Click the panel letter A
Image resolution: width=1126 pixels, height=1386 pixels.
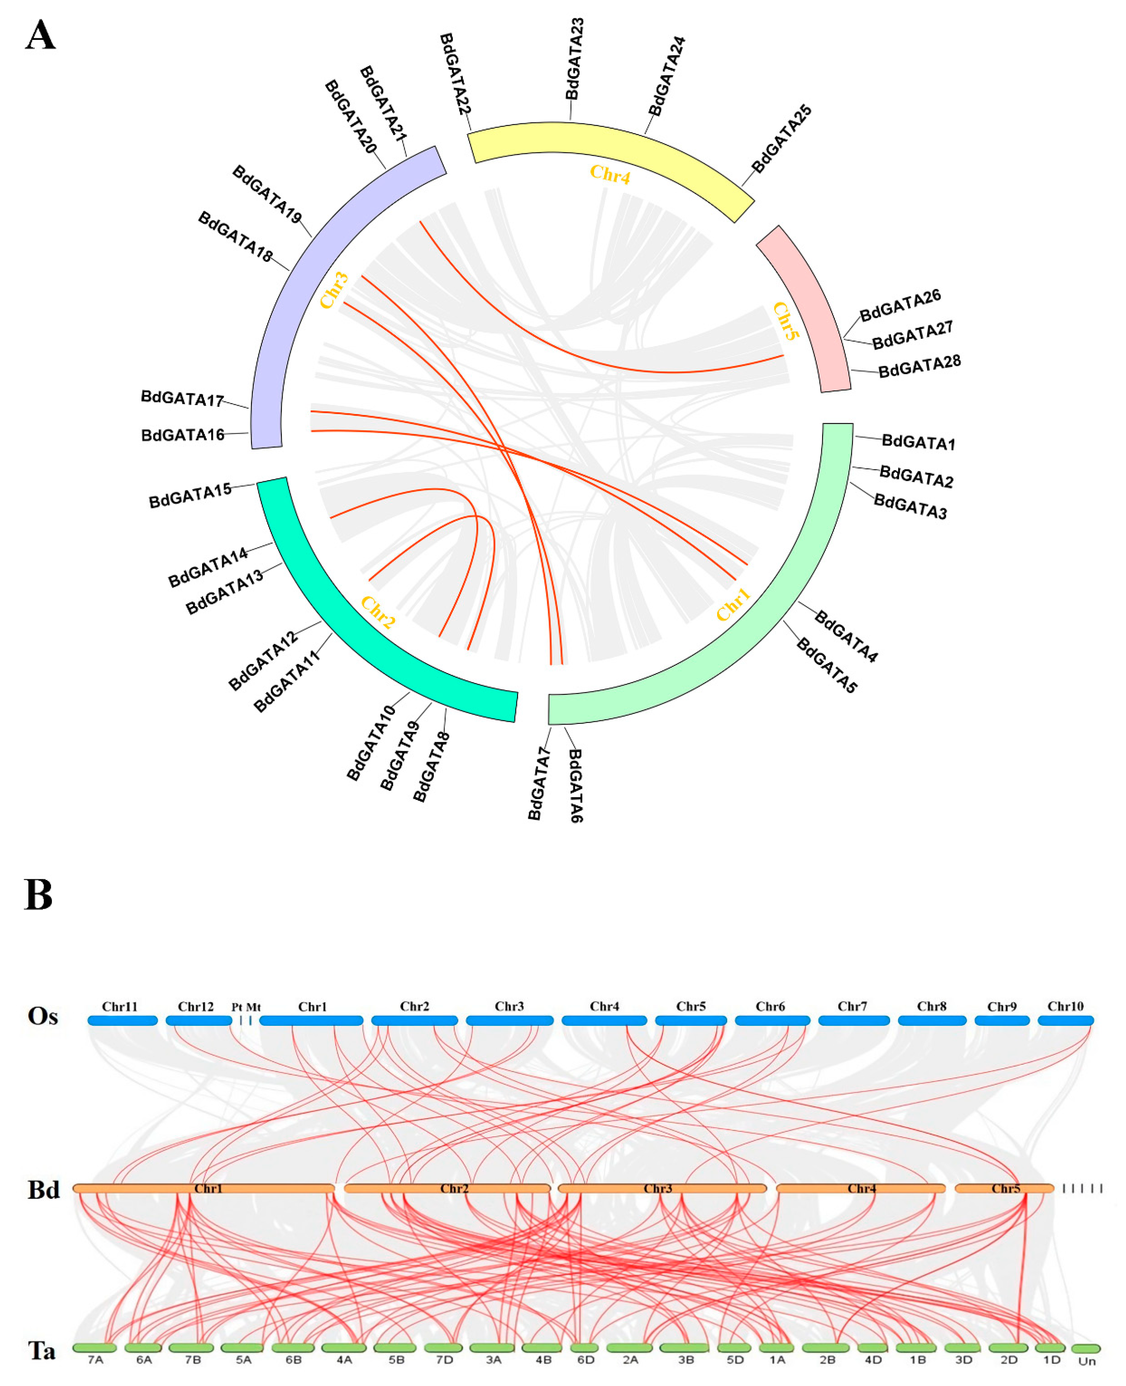click(x=40, y=36)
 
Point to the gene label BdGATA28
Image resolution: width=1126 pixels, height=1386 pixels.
click(x=919, y=366)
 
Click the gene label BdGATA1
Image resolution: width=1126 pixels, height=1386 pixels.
click(x=918, y=443)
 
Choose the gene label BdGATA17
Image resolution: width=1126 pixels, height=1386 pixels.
click(x=182, y=398)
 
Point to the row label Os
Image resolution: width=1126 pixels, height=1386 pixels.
click(x=43, y=1016)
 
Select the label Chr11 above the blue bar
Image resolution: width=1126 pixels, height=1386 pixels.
click(x=120, y=1006)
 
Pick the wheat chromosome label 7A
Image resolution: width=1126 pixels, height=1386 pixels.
click(x=95, y=1359)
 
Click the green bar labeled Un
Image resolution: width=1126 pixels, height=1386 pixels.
click(x=1086, y=1348)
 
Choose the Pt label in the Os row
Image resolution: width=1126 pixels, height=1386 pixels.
click(x=237, y=1007)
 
